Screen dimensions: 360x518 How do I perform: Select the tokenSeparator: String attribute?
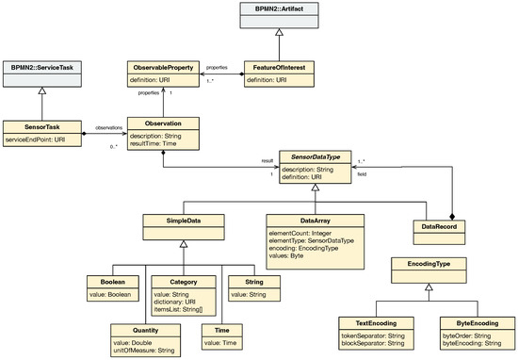372,334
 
